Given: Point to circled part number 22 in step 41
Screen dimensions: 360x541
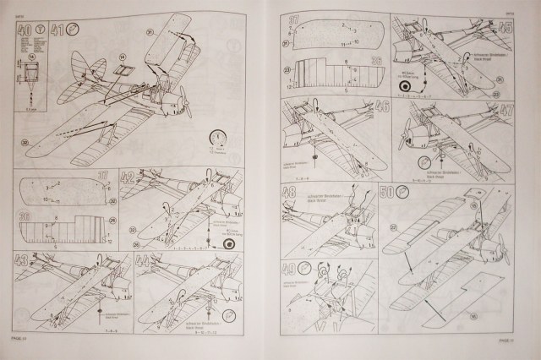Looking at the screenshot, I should (25, 142).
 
